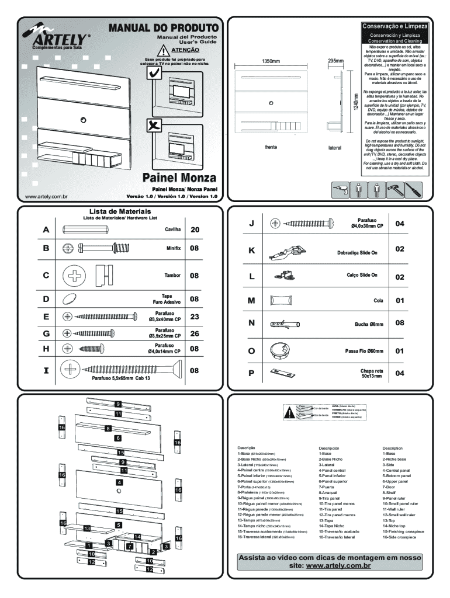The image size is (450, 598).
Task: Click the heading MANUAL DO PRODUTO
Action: click(x=162, y=28)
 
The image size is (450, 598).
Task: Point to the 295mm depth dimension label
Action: click(x=335, y=61)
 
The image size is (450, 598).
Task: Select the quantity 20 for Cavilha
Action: click(x=195, y=230)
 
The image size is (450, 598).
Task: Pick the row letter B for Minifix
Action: click(x=46, y=248)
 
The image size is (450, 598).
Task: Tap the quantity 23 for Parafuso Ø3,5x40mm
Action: click(x=195, y=317)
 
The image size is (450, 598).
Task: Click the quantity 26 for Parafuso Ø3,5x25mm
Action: click(x=195, y=333)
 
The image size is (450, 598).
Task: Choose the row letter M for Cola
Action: click(x=251, y=300)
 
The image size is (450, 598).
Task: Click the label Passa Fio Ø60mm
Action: click(x=364, y=351)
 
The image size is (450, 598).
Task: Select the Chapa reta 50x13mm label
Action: click(x=372, y=374)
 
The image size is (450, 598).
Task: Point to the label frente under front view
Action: click(x=271, y=147)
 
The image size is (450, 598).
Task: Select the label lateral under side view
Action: click(x=334, y=148)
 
